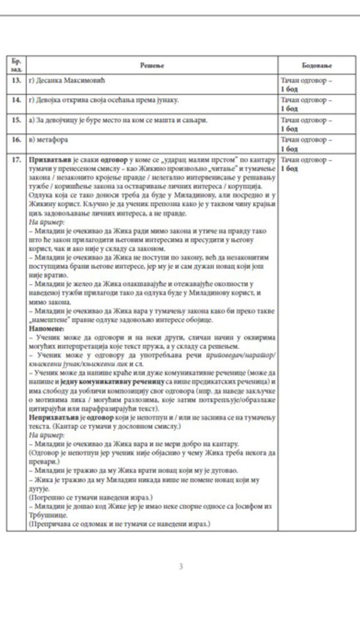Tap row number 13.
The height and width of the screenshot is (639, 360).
coord(16,80)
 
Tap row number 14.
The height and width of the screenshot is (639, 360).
coord(16,100)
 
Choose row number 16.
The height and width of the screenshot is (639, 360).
coord(16,140)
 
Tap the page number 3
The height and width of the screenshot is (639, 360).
coord(181,566)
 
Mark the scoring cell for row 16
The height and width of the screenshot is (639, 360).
coord(306,144)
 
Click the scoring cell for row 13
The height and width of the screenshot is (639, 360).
coord(306,84)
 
